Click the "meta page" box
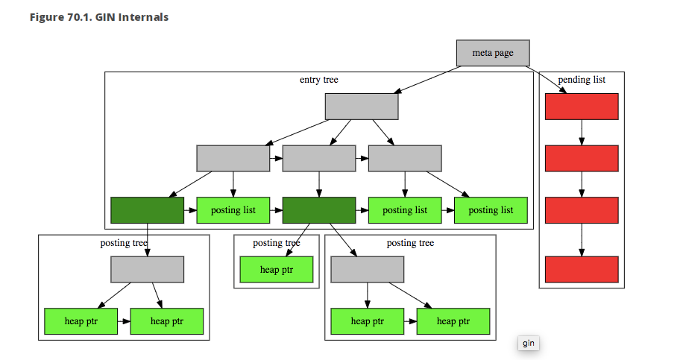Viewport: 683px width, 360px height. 493,53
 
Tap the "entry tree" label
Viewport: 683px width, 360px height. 319,79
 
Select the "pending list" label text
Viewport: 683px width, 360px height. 581,79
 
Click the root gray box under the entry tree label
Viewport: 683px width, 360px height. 362,106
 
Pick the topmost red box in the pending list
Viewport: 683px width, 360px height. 582,106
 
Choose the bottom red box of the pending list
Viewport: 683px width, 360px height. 582,269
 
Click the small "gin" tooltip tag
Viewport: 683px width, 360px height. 528,343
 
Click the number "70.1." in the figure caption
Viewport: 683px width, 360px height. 76,16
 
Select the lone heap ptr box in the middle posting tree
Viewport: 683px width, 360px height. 277,270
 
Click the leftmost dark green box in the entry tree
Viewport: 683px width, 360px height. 147,210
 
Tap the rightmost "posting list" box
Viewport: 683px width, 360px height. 491,210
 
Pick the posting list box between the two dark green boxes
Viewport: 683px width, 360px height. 233,210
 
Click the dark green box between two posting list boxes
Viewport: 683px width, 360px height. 319,210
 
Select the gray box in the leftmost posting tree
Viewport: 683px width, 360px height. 147,269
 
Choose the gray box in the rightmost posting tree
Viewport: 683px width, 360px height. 367,269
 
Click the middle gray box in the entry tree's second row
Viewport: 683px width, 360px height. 319,158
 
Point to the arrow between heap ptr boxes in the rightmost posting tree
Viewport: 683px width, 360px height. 410,321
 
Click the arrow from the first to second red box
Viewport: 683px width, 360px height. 582,132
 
